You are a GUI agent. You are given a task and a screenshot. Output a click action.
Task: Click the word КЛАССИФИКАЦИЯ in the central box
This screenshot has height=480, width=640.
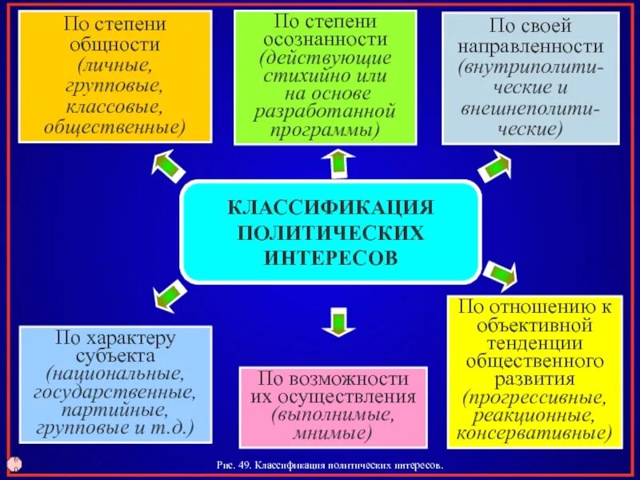coord(330,208)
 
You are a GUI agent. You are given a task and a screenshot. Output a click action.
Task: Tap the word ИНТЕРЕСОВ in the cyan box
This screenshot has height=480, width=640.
coord(330,258)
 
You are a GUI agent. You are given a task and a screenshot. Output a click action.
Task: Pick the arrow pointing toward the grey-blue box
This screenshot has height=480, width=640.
coord(494,166)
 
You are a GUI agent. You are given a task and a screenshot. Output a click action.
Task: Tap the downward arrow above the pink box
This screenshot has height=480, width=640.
coord(337,322)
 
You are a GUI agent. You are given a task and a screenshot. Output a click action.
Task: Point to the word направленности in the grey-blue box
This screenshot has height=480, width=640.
coord(530,47)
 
